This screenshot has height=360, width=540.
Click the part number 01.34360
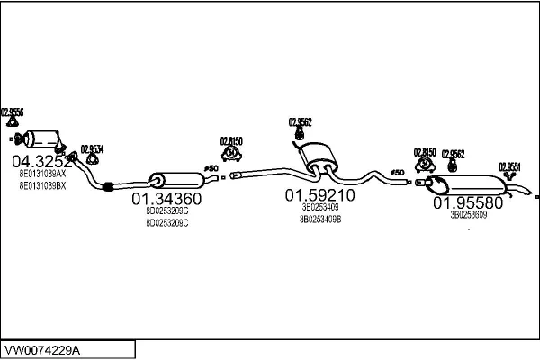click(x=166, y=199)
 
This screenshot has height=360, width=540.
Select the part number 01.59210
click(x=319, y=194)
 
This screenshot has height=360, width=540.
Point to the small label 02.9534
click(x=92, y=149)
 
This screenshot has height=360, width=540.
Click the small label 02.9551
click(x=508, y=166)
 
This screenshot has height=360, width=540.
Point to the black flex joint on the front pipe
click(x=108, y=187)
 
